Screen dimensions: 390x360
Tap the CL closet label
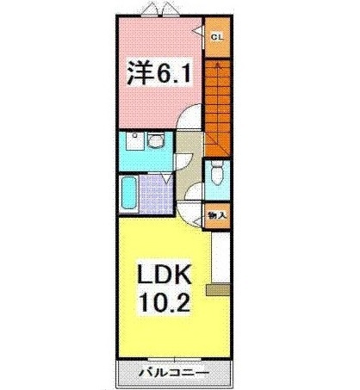[216, 36]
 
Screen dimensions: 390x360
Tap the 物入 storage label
[216, 216]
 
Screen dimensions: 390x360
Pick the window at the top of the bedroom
[154, 10]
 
